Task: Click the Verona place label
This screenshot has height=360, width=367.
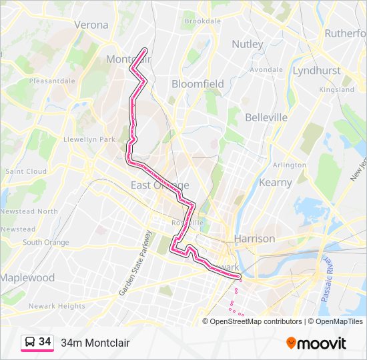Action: [x=91, y=25]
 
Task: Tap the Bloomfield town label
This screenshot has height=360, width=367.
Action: [x=198, y=84]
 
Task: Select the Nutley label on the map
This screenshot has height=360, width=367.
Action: [x=248, y=44]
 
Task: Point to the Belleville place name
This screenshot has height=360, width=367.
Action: [x=266, y=117]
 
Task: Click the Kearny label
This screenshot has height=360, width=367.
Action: [x=276, y=182]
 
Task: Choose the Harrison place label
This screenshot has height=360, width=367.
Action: [x=254, y=238]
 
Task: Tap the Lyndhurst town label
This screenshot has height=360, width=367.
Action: [x=316, y=70]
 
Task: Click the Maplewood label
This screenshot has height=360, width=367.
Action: [x=27, y=277]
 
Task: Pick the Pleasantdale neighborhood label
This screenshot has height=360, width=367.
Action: [x=52, y=81]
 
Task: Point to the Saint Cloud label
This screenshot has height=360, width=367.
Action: [x=26, y=171]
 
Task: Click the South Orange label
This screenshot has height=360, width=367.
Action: [x=46, y=242]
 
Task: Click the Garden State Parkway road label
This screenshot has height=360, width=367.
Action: [x=135, y=264]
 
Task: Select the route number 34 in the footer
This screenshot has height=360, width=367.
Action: [x=45, y=342]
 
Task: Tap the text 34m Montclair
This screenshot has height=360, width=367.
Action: [x=95, y=343]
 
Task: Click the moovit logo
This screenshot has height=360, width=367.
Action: [x=316, y=343]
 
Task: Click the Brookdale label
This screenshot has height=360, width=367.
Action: [x=202, y=21]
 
